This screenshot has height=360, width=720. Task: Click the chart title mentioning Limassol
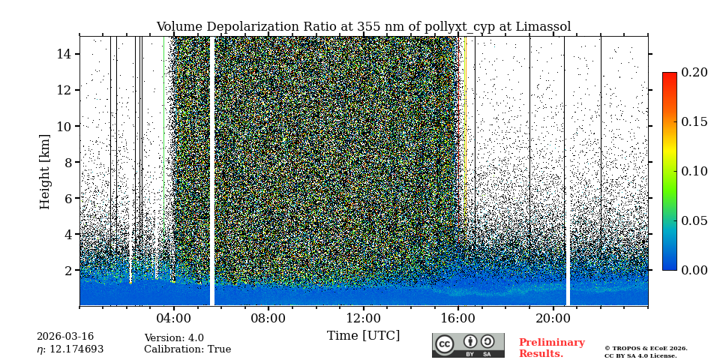[x=363, y=27]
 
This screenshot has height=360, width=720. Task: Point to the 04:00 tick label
[x=174, y=318]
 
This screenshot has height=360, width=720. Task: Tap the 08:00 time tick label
[x=268, y=318]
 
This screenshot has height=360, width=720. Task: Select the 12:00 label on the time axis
[x=364, y=318]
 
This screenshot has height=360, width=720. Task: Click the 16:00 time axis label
[x=458, y=318]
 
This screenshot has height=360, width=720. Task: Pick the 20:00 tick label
[x=553, y=318]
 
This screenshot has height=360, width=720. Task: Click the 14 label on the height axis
[x=63, y=54]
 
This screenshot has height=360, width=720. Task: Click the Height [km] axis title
[x=45, y=171]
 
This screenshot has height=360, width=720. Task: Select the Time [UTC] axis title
[x=363, y=336]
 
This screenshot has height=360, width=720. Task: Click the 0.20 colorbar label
[x=694, y=73]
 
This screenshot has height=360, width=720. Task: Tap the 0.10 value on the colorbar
[x=694, y=171]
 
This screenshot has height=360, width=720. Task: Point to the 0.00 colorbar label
[x=694, y=270]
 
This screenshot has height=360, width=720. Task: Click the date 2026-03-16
[x=65, y=337]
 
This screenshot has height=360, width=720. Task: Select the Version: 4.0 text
[x=174, y=338]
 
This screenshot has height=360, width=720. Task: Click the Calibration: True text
[x=187, y=349]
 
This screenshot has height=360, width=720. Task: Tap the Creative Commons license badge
[x=468, y=345]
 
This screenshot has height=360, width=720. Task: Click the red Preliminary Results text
[x=551, y=348]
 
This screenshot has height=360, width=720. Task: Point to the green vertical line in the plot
[x=163, y=150]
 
